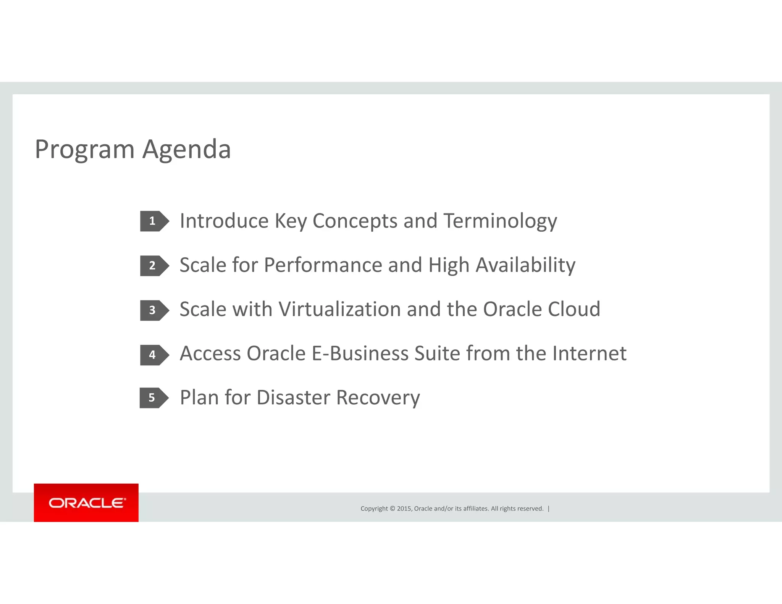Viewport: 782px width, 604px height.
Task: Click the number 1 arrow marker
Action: click(x=154, y=221)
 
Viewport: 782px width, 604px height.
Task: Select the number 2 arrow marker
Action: click(x=154, y=266)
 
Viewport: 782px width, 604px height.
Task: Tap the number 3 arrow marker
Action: click(x=154, y=310)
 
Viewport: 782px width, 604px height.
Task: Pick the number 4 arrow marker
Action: click(x=154, y=355)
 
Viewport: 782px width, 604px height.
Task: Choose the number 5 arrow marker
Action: click(x=153, y=398)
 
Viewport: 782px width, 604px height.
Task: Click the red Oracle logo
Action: click(x=86, y=502)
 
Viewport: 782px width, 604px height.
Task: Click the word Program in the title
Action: click(x=84, y=150)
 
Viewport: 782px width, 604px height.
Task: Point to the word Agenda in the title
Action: click(x=187, y=150)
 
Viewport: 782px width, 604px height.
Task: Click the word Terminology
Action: click(x=500, y=221)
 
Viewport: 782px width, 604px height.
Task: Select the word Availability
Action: click(x=525, y=266)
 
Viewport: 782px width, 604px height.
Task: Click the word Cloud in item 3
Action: click(x=574, y=309)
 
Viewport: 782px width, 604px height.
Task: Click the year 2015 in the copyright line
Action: click(x=404, y=509)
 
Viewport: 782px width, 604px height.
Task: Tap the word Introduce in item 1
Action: click(x=224, y=221)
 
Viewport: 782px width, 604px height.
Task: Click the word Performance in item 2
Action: click(x=323, y=266)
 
